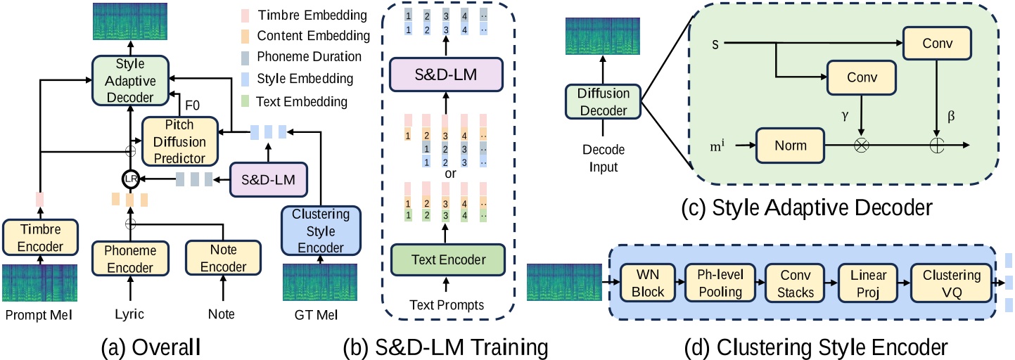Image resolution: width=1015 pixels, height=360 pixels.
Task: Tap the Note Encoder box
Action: [x=222, y=258]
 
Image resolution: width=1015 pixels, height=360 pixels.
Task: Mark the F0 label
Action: [x=192, y=106]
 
